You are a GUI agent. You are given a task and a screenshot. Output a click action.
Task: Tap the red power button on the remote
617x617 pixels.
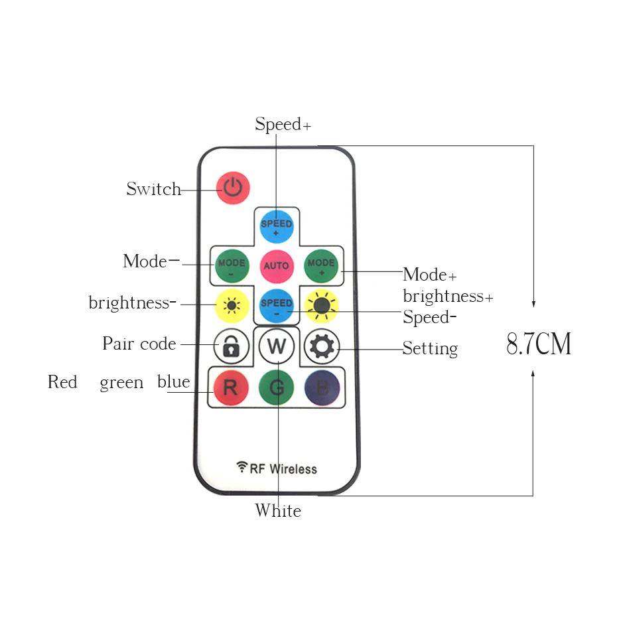(x=233, y=188)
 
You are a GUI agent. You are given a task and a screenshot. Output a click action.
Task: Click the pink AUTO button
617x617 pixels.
(x=277, y=265)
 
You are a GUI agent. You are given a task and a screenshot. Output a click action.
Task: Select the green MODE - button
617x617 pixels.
(x=231, y=265)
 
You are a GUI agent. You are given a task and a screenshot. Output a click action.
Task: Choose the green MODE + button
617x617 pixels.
(x=321, y=265)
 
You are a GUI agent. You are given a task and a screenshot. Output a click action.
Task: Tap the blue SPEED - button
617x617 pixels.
(x=277, y=305)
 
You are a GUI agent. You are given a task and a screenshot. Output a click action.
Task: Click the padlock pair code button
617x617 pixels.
(x=231, y=346)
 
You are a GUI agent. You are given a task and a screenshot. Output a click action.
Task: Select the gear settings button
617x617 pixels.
(x=322, y=346)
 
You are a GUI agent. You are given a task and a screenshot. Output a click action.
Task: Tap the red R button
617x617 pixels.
(x=230, y=387)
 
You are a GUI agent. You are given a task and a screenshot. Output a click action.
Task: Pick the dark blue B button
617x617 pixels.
(x=322, y=387)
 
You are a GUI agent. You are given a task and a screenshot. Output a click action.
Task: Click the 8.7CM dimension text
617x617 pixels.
(x=539, y=344)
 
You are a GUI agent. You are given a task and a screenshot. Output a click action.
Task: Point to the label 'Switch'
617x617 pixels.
(x=154, y=190)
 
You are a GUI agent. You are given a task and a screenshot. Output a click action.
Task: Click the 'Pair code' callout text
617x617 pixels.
(x=139, y=344)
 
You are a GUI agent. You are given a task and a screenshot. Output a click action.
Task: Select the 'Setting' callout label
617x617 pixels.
(x=430, y=348)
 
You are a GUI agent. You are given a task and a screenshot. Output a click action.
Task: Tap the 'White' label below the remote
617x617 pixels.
(x=278, y=511)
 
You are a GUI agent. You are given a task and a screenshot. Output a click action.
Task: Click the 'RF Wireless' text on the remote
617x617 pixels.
(x=283, y=469)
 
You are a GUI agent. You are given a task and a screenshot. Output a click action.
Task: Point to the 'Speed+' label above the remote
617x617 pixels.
(x=283, y=125)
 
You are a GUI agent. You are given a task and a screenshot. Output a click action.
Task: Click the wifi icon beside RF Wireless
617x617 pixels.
(x=241, y=467)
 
